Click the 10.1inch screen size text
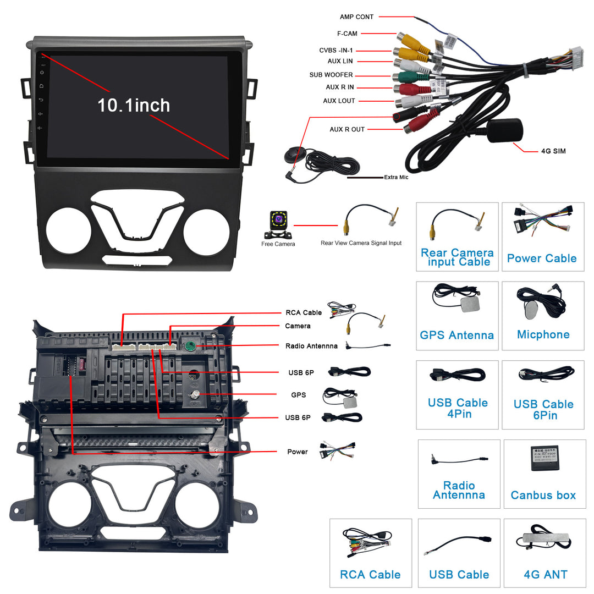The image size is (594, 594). [x=134, y=105]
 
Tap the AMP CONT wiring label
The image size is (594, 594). [x=356, y=17]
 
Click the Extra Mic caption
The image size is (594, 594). [x=396, y=177]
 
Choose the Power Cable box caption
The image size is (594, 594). [x=541, y=258]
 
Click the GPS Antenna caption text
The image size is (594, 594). [x=457, y=335]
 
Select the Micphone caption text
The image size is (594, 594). [x=543, y=335]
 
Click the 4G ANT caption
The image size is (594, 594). [x=545, y=575]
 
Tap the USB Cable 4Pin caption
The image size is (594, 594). [x=458, y=408]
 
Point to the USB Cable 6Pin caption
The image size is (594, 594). [x=543, y=410]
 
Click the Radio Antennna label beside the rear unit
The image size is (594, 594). [x=312, y=346]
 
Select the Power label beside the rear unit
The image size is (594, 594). [x=297, y=452]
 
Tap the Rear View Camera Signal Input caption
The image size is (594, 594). [x=361, y=243]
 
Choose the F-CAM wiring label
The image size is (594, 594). [x=347, y=34]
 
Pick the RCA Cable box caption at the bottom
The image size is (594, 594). [x=370, y=575]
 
